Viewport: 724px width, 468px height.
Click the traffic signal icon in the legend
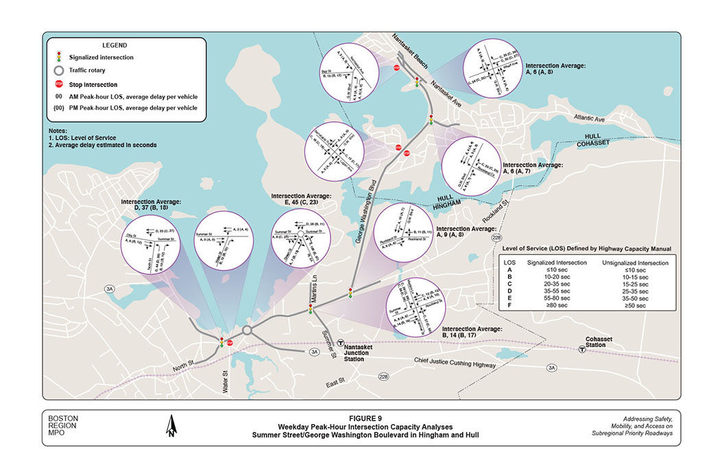(x=60, y=58)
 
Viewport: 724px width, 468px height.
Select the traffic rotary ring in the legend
(x=60, y=71)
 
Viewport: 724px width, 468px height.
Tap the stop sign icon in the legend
(x=60, y=84)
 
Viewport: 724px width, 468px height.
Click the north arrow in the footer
(x=170, y=426)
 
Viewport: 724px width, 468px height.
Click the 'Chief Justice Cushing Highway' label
(x=455, y=363)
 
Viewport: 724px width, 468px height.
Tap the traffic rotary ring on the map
(x=248, y=331)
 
